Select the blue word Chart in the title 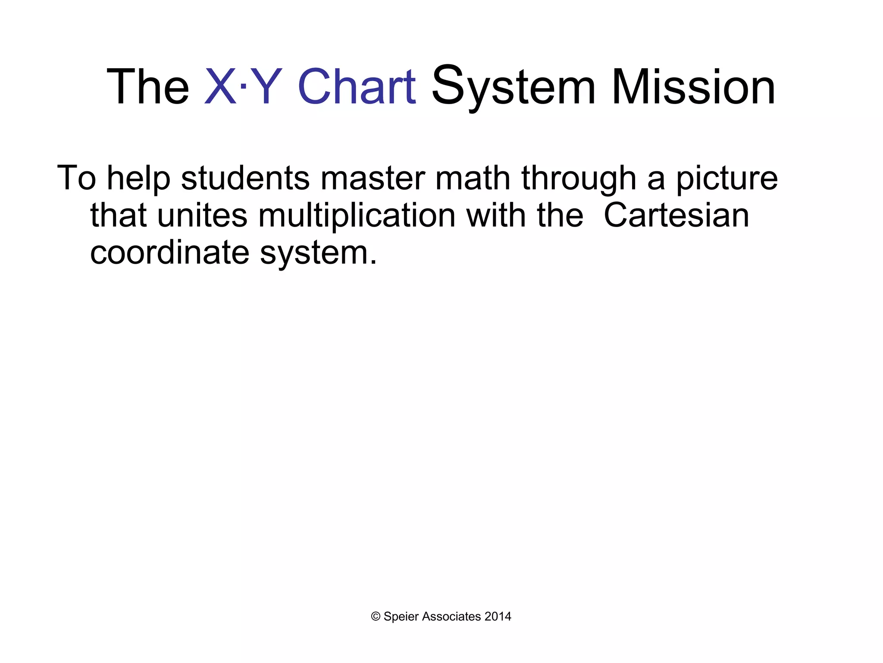pyautogui.click(x=357, y=88)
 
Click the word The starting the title pyautogui.click(x=148, y=88)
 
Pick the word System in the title pyautogui.click(x=514, y=88)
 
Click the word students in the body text pyautogui.click(x=245, y=178)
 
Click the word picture pyautogui.click(x=726, y=179)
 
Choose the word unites pyautogui.click(x=202, y=215)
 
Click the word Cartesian pyautogui.click(x=676, y=215)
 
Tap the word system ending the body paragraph pyautogui.click(x=317, y=254)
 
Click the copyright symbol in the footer pyautogui.click(x=376, y=617)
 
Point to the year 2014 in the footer pyautogui.click(x=498, y=617)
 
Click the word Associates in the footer pyautogui.click(x=451, y=617)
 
